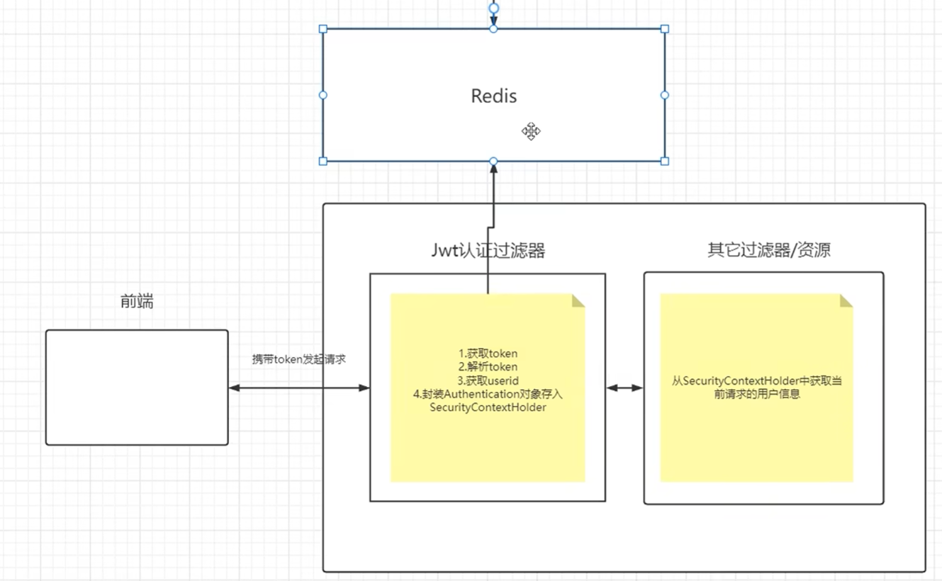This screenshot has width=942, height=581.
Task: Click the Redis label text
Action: (494, 96)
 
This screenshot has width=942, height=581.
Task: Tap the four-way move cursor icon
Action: (531, 132)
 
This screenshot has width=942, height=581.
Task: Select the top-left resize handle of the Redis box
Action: (323, 28)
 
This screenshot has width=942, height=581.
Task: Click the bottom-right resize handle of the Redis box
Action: (665, 162)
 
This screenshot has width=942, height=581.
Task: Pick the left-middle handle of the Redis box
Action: (323, 95)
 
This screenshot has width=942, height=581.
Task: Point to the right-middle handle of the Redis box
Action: (665, 95)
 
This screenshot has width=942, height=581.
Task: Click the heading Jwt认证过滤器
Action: (488, 251)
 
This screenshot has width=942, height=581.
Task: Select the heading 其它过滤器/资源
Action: (769, 249)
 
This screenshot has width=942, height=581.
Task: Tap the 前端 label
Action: (137, 301)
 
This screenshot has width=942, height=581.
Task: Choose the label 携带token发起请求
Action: (298, 359)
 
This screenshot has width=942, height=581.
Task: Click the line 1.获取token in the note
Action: (488, 354)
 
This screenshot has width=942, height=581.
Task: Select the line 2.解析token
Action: (488, 367)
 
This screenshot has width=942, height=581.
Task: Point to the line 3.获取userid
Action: (488, 380)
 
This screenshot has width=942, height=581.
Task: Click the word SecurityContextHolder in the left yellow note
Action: (488, 407)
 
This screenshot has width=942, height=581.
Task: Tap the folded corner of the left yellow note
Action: (578, 300)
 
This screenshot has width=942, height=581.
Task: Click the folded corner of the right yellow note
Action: (846, 300)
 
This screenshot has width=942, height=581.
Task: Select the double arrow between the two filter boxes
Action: (624, 388)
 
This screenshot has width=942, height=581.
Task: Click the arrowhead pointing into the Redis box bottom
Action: (494, 169)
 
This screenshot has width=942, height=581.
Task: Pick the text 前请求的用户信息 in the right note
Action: (757, 395)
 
